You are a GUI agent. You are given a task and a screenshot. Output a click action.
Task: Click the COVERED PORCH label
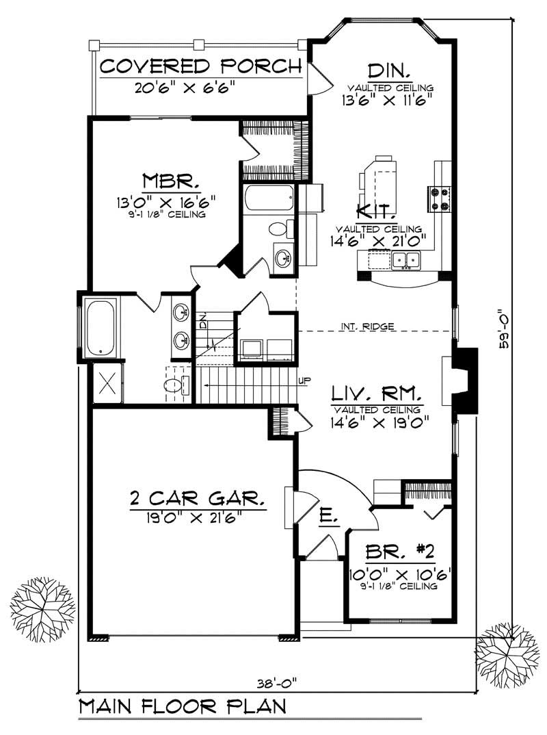coord(200,66)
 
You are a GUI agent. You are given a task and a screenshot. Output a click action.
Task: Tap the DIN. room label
coord(388,70)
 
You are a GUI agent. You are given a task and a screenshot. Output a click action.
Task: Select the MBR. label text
coord(171,181)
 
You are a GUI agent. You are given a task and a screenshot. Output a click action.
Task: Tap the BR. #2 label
coord(400,552)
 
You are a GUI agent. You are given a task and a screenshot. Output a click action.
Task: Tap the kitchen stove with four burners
coord(438,198)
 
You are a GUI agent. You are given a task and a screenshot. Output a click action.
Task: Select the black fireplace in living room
coord(465,381)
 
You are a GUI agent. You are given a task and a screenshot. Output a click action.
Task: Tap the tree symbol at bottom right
coord(503,649)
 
